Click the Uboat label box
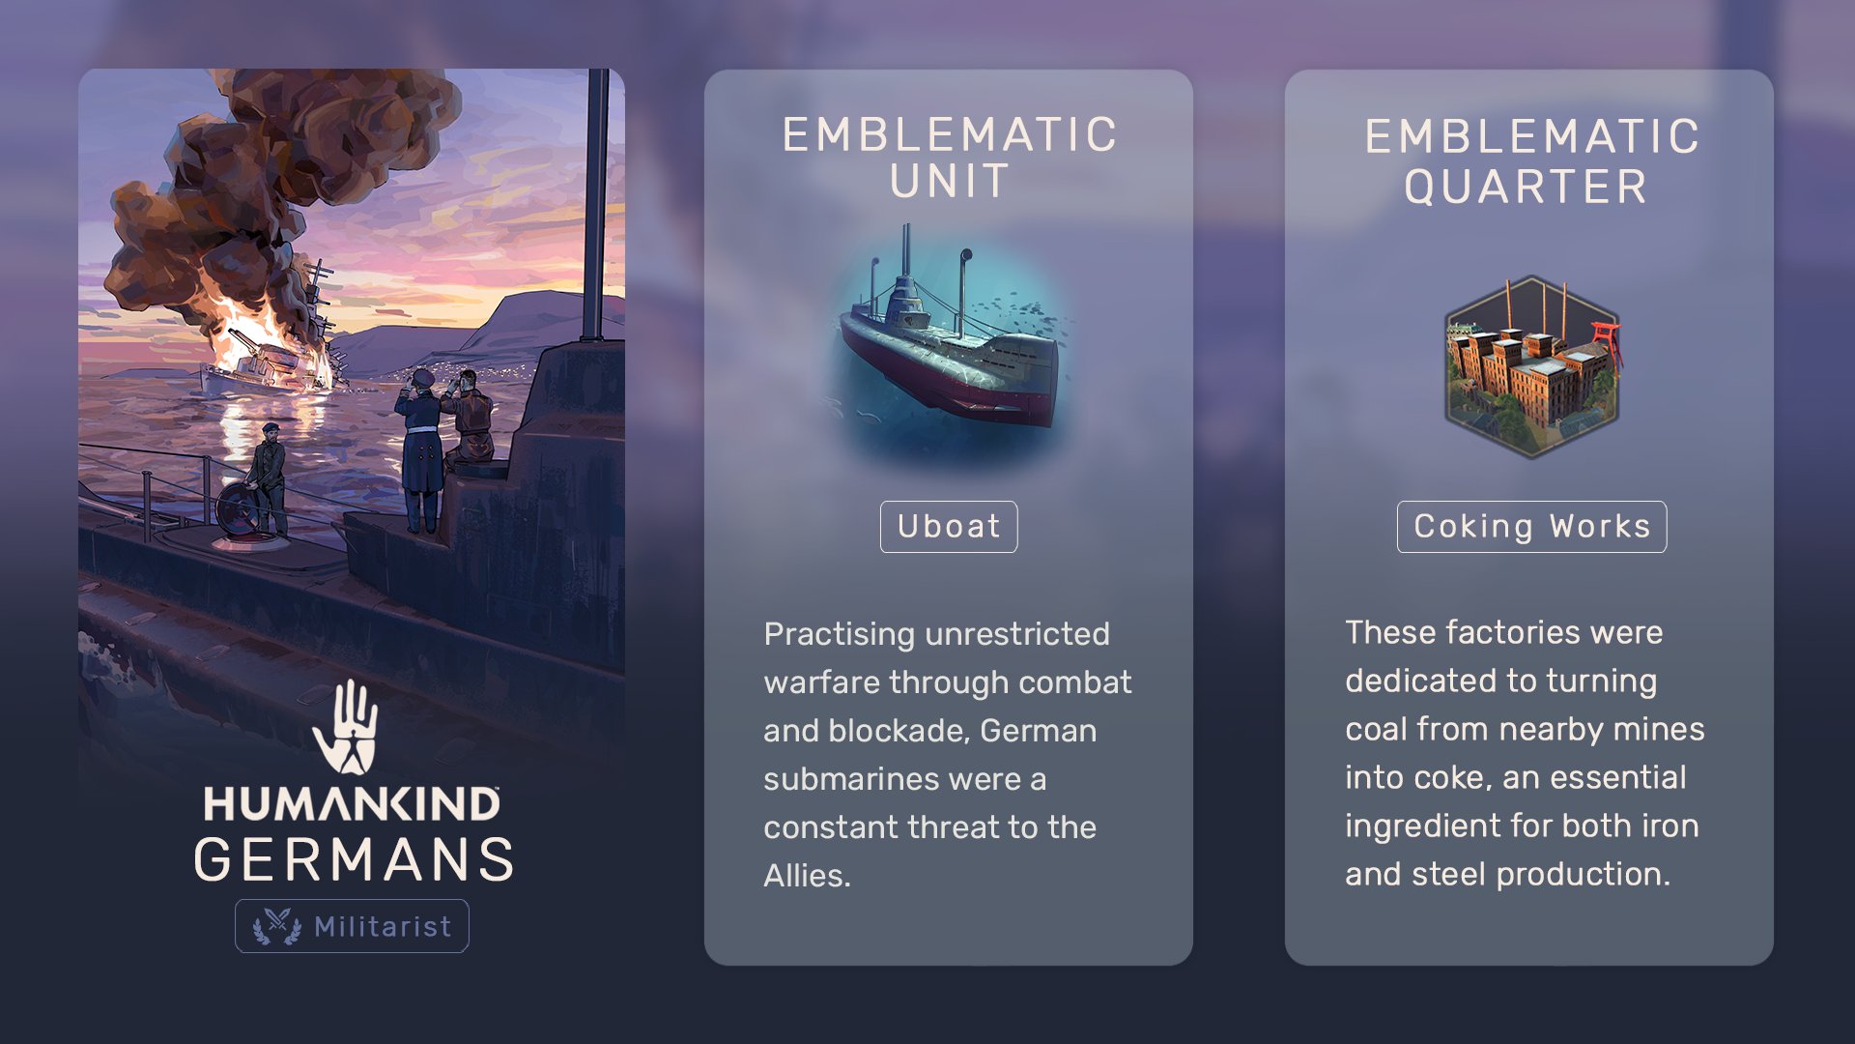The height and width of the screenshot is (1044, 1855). [x=949, y=527]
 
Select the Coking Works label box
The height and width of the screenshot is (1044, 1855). [x=1531, y=527]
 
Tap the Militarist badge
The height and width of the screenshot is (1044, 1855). [x=352, y=926]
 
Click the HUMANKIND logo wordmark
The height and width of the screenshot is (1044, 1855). [x=352, y=804]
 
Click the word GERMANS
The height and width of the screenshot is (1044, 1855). [x=354, y=859]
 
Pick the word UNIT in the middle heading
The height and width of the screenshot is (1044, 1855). [x=950, y=182]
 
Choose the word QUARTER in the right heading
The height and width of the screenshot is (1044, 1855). [x=1526, y=187]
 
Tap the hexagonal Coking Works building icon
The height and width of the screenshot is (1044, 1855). [x=1532, y=367]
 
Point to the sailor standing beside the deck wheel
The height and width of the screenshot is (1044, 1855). [x=269, y=479]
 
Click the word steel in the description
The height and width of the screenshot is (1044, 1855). [x=1448, y=874]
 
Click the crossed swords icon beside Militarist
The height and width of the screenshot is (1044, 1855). [x=277, y=926]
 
